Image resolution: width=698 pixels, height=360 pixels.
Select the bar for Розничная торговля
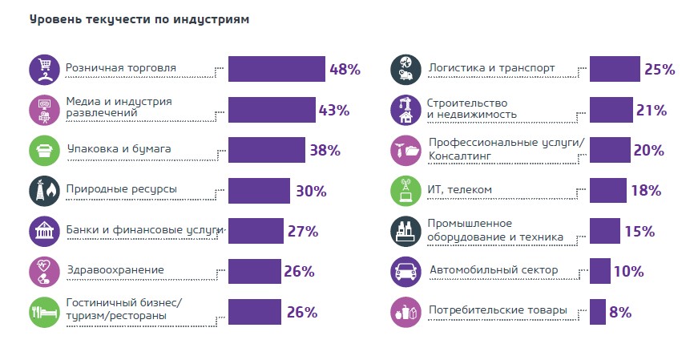(x=276, y=69)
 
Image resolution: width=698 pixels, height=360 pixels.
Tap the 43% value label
(x=334, y=110)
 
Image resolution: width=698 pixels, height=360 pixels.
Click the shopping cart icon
(x=42, y=69)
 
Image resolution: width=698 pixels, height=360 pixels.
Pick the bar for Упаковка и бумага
(x=267, y=150)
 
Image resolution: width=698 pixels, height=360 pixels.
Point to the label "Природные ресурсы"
(x=121, y=189)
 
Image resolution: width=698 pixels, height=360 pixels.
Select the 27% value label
(x=303, y=232)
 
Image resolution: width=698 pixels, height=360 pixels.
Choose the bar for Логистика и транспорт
(x=615, y=69)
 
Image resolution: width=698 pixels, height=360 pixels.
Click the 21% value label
(x=652, y=110)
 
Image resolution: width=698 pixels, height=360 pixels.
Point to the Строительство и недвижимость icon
(x=405, y=110)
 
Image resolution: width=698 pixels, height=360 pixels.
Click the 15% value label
(x=639, y=232)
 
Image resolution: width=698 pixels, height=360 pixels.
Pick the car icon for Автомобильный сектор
(x=405, y=272)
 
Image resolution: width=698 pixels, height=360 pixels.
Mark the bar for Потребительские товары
(x=597, y=312)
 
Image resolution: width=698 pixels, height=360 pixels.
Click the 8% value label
(x=620, y=312)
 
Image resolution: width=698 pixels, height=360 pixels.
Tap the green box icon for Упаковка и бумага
(x=42, y=150)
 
